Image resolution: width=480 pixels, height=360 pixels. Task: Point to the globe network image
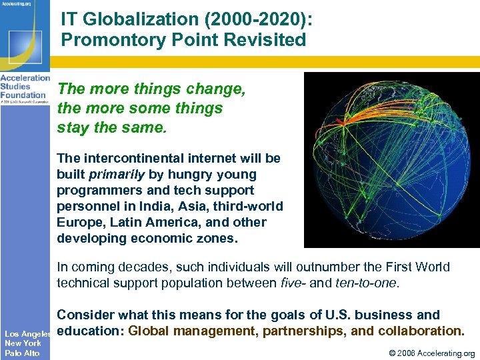click(391, 159)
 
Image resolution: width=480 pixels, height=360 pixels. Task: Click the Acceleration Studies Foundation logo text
click(25, 86)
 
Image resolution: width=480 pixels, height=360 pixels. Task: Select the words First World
click(414, 267)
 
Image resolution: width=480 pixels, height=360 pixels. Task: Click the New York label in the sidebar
click(23, 343)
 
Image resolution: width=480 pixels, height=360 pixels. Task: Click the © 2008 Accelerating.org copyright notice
click(427, 353)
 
